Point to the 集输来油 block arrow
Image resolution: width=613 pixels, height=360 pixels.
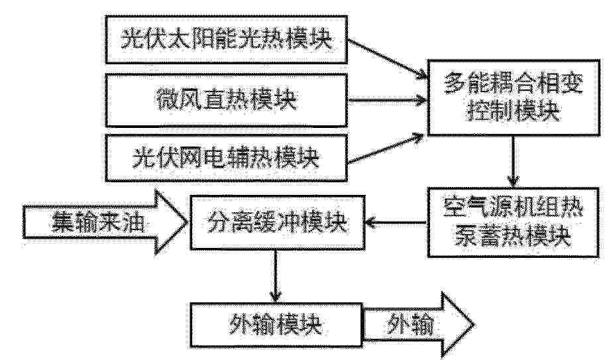pyautogui.click(x=105, y=222)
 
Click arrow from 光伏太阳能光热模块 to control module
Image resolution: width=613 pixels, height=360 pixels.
pyautogui.click(x=387, y=59)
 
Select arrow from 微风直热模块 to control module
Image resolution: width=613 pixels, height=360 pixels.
pyautogui.click(x=387, y=101)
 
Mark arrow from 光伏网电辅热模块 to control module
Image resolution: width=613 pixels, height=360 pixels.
pyautogui.click(x=386, y=149)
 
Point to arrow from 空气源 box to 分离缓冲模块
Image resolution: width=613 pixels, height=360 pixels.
pyautogui.click(x=396, y=223)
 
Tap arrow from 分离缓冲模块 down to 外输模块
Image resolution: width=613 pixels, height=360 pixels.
pyautogui.click(x=276, y=276)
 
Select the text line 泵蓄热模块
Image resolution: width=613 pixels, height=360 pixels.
pyautogui.click(x=512, y=236)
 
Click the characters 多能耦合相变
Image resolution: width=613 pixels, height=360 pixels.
pyautogui.click(x=514, y=84)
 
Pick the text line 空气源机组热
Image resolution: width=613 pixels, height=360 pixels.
pyautogui.click(x=514, y=208)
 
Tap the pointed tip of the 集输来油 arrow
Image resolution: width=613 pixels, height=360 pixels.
pyautogui.click(x=188, y=222)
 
